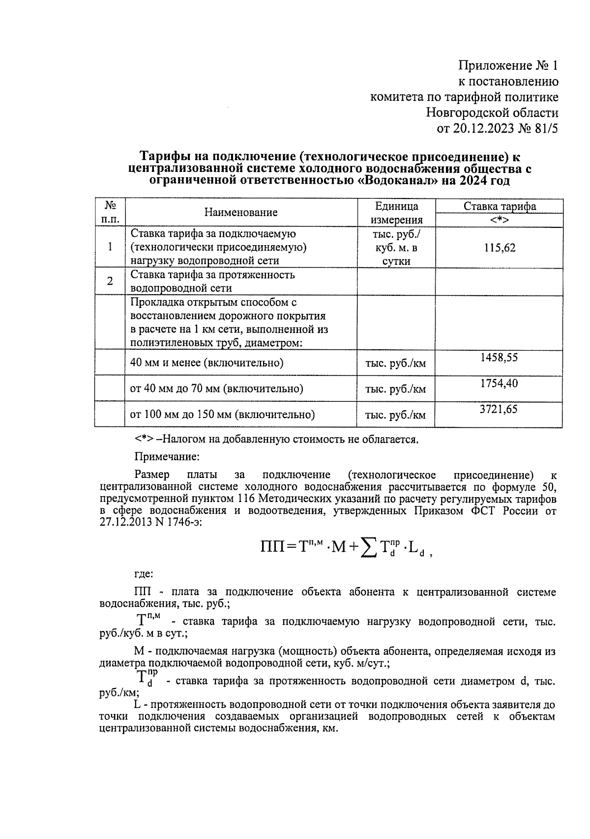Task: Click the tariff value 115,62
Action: (x=500, y=248)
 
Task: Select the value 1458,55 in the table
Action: (x=499, y=357)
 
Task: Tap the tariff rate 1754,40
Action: (x=499, y=383)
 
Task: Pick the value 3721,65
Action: (x=499, y=409)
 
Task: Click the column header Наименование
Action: (x=241, y=212)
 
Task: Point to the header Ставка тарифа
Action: (x=500, y=206)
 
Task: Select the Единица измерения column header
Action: (x=396, y=212)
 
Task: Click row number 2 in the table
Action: (x=110, y=280)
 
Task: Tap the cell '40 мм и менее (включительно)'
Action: (x=207, y=363)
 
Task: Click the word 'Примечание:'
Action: (x=167, y=456)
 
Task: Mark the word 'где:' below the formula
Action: (x=144, y=573)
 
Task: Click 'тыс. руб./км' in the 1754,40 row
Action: (x=395, y=390)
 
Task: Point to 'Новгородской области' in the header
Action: (x=492, y=113)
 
